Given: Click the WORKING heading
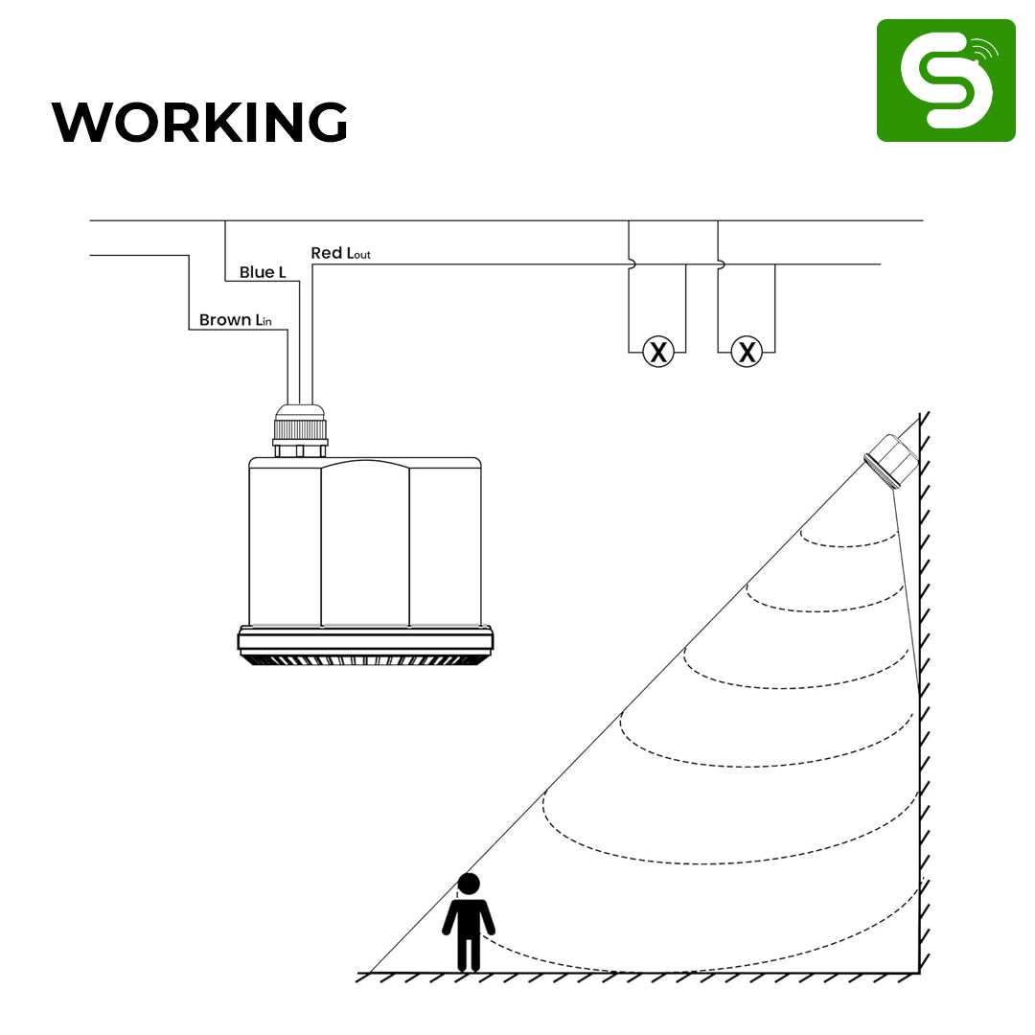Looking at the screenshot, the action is point(199,122).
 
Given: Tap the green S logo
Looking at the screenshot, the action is point(946,80).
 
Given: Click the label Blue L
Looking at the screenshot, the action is point(263,272).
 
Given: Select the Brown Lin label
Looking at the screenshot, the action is point(235,320).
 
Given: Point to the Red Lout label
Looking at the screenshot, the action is point(340,253).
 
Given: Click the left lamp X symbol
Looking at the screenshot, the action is point(658,351).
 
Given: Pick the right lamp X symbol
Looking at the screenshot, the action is point(747,351).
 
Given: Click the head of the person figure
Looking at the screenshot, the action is point(469,884).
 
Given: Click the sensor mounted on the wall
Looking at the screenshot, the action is point(892,461).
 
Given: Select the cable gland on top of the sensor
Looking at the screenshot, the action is point(300,430).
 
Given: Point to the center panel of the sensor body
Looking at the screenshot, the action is point(365,542).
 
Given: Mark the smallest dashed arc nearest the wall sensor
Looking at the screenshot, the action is point(849,539).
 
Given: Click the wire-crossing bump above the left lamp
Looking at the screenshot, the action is point(632,264).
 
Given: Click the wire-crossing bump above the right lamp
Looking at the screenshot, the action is point(722,264).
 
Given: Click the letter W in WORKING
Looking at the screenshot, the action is point(80,122).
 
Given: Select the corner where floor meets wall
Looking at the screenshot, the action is point(919,973).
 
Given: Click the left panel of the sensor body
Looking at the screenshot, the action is point(286,542).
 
